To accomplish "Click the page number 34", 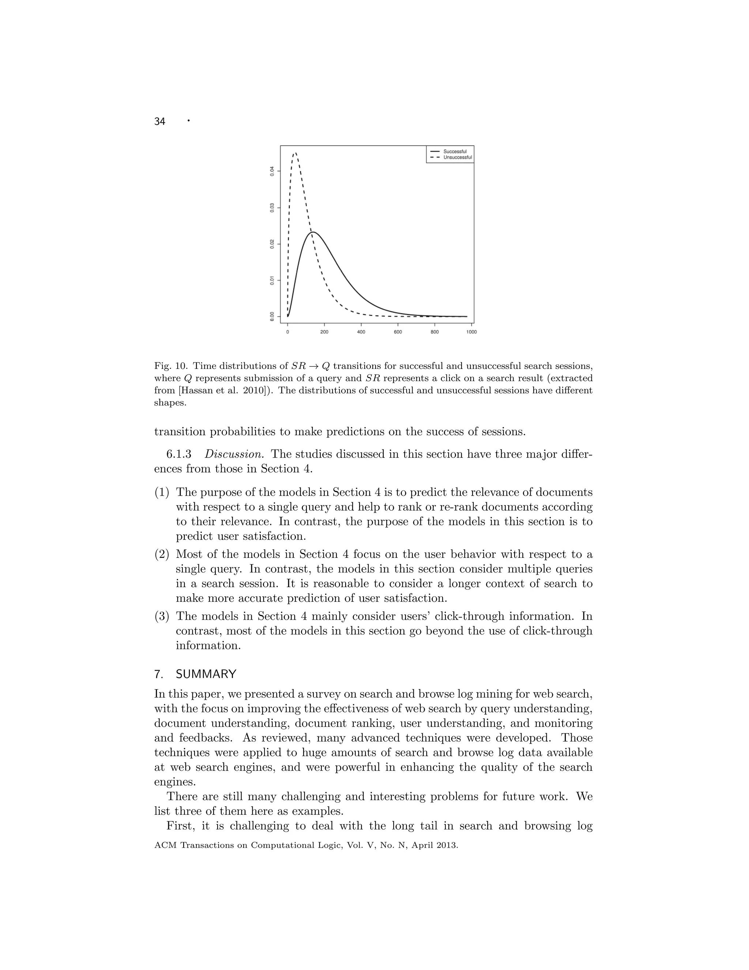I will click(x=160, y=122).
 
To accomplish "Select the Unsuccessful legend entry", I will click(x=457, y=157).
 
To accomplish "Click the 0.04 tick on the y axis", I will click(x=272, y=171).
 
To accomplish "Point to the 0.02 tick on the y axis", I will click(x=272, y=244).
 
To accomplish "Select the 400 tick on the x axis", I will click(x=361, y=332).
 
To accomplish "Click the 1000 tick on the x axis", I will click(x=471, y=332).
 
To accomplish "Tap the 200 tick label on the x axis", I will click(x=324, y=332).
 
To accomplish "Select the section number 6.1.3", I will click(x=179, y=454).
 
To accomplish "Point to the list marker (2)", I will click(x=162, y=554).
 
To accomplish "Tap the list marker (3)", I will click(x=162, y=616).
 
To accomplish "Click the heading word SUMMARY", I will click(x=206, y=674).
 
